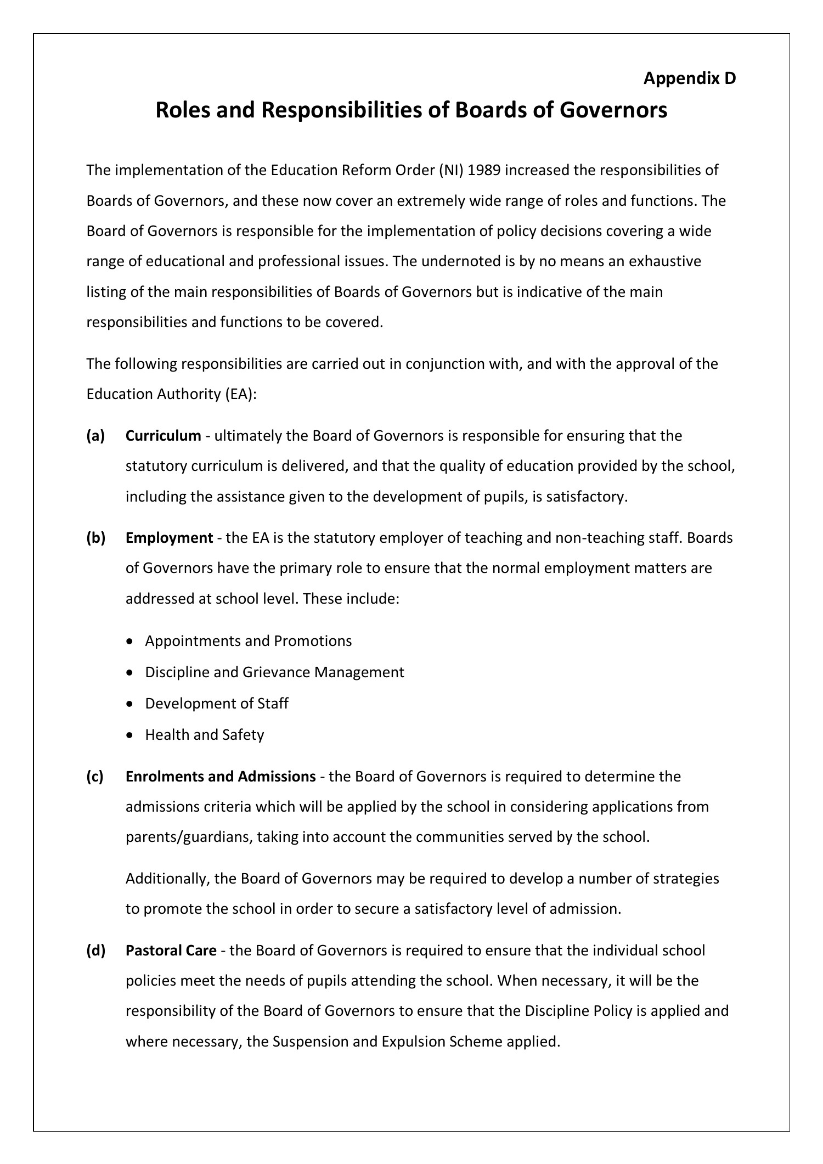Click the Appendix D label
click(689, 78)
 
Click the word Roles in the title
click(183, 110)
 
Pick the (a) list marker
click(95, 436)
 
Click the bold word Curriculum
click(163, 436)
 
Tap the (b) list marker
click(95, 537)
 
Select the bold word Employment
click(169, 537)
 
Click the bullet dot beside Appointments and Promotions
click(129, 641)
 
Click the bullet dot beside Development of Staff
click(129, 704)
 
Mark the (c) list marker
click(95, 777)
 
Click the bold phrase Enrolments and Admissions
click(221, 777)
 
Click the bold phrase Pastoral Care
click(171, 950)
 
